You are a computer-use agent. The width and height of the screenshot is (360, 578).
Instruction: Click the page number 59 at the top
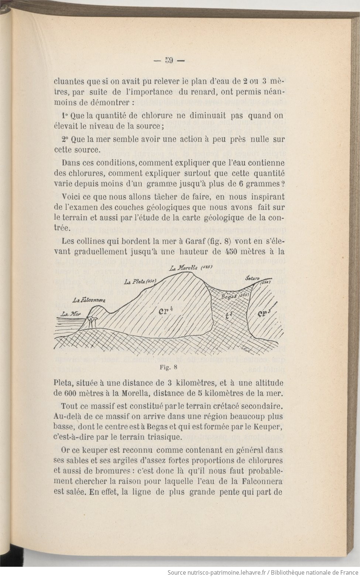(x=169, y=61)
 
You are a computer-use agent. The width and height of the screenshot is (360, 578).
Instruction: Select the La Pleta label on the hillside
(x=134, y=282)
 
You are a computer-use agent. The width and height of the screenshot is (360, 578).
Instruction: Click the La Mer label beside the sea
(x=71, y=314)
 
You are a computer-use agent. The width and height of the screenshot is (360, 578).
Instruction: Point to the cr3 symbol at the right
(x=263, y=314)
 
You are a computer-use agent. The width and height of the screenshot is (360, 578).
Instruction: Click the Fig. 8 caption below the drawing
(x=169, y=367)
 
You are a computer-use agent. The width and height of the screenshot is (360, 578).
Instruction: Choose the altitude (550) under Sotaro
(x=266, y=282)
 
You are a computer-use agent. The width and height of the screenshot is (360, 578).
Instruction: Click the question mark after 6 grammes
(x=282, y=184)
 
